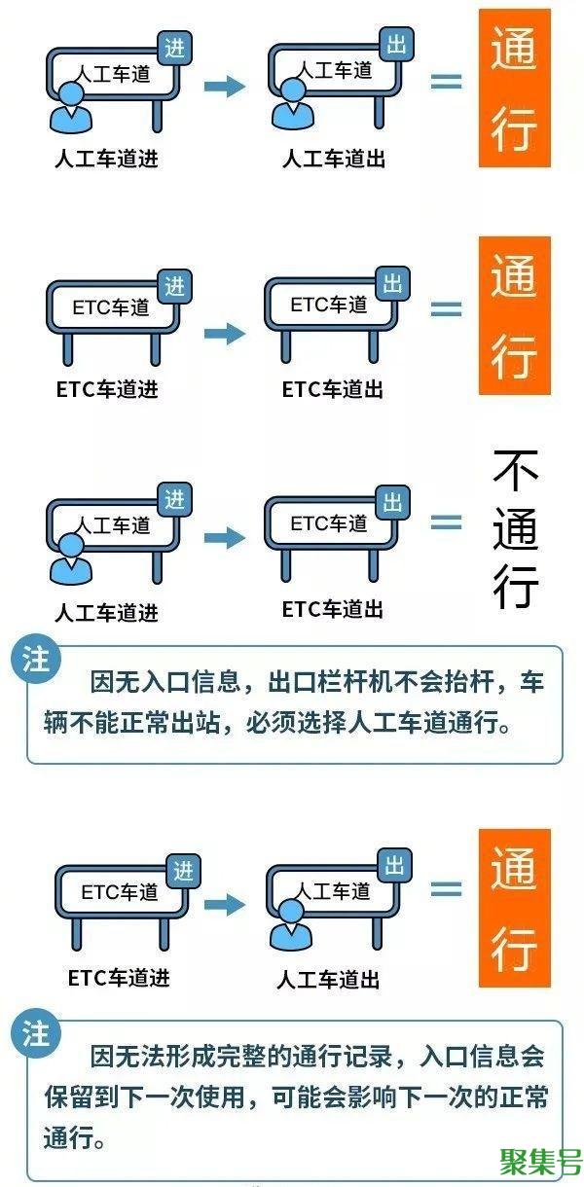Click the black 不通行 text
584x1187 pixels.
515,529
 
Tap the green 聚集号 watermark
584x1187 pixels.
540,1162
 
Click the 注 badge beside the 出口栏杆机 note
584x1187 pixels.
36,660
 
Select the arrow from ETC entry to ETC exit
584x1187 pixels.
225,333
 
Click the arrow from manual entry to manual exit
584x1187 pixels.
225,86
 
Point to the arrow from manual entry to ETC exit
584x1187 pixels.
225,537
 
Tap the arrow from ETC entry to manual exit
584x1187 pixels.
225,904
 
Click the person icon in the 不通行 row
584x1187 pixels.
70,558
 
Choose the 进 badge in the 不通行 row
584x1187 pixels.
175,500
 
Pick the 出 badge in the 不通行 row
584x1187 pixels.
392,501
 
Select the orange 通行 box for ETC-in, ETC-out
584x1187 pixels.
515,316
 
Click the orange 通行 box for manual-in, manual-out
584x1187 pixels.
515,88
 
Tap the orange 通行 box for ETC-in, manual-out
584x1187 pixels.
515,908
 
